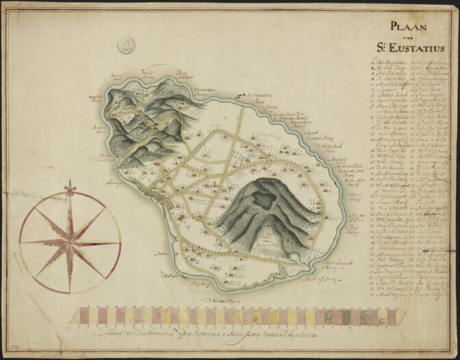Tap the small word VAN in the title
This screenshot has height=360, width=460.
click(x=410, y=39)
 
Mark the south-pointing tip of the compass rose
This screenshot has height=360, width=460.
click(x=70, y=292)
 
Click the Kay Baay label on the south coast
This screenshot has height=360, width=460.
click(x=199, y=282)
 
